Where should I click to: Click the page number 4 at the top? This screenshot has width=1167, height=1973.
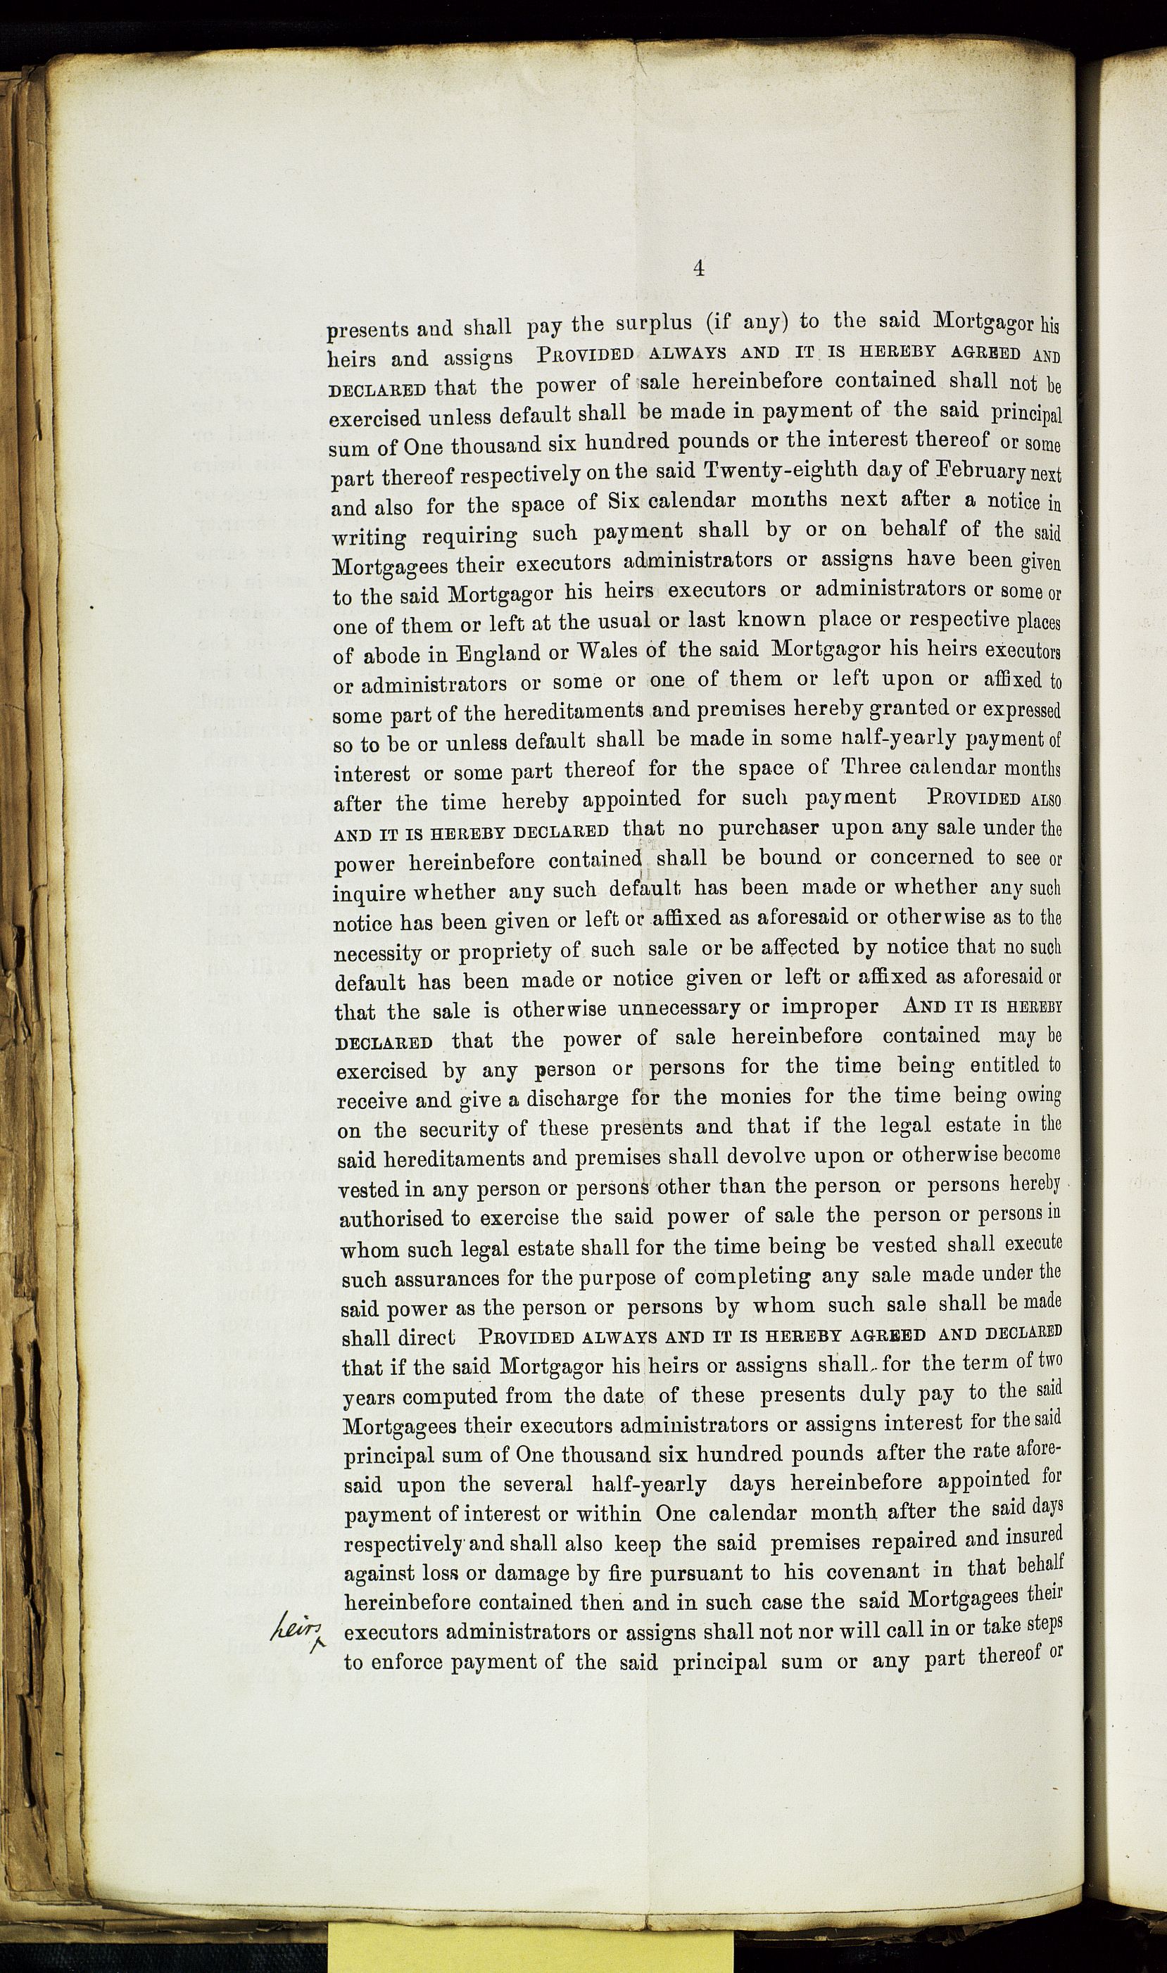tap(698, 269)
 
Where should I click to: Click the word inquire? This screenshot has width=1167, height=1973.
tap(368, 893)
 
